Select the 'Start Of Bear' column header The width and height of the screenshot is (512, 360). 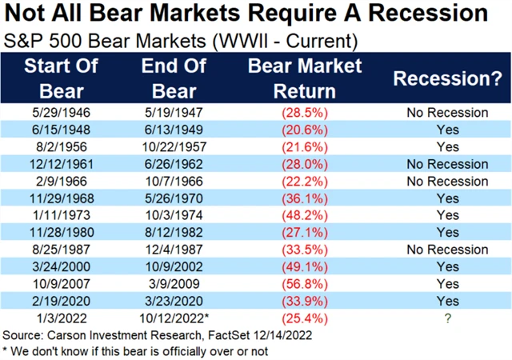(x=61, y=76)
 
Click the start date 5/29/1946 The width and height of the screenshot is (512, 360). (x=61, y=113)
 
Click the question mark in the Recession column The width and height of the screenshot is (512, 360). (x=447, y=318)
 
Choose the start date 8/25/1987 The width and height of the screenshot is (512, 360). (x=61, y=250)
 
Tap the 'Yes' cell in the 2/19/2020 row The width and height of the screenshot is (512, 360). (x=447, y=301)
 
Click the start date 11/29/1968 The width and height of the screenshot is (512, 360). (x=61, y=198)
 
